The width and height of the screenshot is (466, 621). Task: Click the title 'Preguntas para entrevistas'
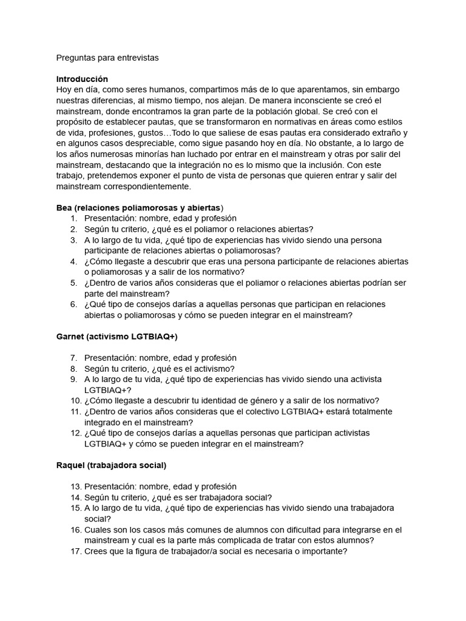[107, 58]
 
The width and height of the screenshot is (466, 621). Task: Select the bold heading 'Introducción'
[82, 79]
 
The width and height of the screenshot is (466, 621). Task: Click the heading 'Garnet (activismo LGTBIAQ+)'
[116, 337]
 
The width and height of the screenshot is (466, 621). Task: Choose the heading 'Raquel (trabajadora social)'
[111, 465]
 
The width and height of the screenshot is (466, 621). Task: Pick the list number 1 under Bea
[73, 218]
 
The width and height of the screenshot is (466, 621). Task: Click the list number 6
[73, 304]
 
